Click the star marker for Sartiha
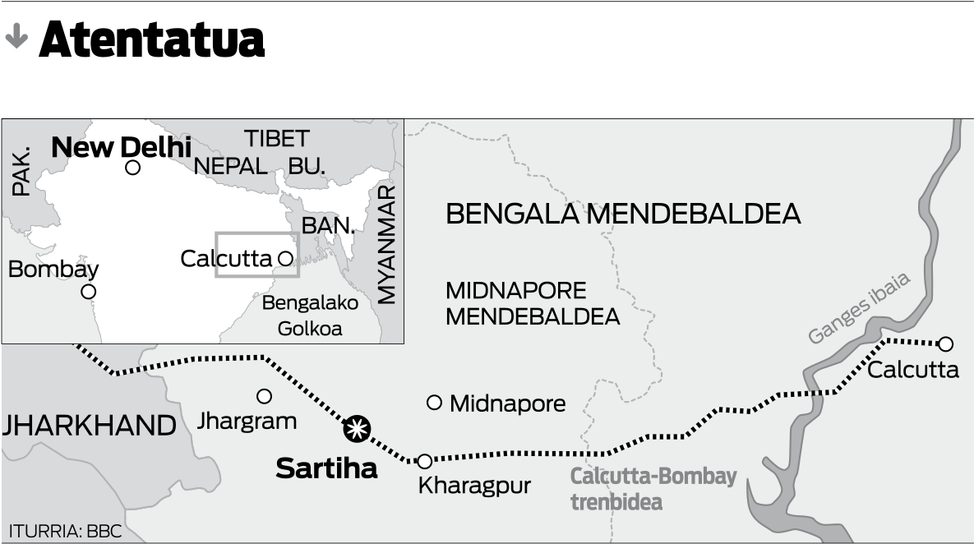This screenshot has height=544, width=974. [x=358, y=428]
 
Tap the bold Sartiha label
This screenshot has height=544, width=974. [x=326, y=468]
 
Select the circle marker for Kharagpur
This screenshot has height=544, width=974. [x=425, y=462]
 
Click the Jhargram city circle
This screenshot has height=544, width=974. [x=264, y=396]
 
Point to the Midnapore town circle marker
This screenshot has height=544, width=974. [x=435, y=402]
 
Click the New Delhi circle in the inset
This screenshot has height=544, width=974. [x=132, y=168]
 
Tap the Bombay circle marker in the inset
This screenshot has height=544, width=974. [x=89, y=292]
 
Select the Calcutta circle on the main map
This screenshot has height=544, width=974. [x=946, y=343]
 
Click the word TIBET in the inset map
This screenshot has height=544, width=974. [x=276, y=138]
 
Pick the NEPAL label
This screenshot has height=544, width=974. [x=230, y=167]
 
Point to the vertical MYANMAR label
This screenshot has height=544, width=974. [x=386, y=244]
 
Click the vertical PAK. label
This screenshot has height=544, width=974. [x=21, y=172]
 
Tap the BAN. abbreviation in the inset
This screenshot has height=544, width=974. [x=328, y=225]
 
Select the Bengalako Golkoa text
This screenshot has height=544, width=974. [x=310, y=316]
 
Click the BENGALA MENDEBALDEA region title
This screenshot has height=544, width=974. [x=622, y=214]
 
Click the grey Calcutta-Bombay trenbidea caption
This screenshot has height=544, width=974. [x=653, y=489]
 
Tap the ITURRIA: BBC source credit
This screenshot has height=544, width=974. [x=65, y=532]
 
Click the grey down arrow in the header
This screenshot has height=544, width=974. [x=16, y=37]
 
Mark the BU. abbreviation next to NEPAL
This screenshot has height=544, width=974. [x=307, y=167]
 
